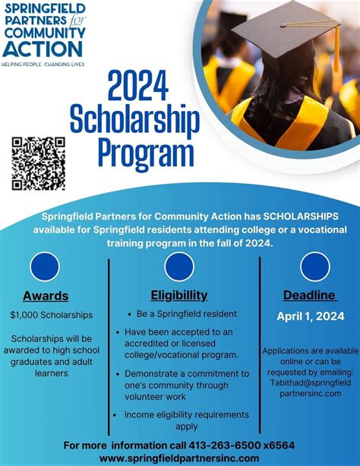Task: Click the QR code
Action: (38, 163)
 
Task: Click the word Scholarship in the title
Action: (134, 120)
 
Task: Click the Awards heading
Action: (46, 296)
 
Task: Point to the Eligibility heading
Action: (179, 295)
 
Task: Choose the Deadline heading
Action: (309, 295)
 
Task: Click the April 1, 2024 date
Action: (309, 316)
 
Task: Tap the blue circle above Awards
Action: (45, 266)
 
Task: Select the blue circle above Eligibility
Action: (179, 266)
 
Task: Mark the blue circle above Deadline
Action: (314, 266)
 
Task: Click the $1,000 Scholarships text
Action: (52, 314)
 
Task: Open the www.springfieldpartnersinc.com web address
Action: (179, 458)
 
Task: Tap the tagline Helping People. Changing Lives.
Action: (43, 65)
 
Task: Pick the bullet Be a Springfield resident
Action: (187, 313)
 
